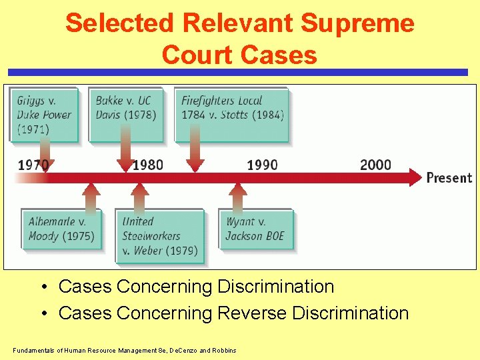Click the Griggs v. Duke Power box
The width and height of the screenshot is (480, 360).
pyautogui.click(x=44, y=114)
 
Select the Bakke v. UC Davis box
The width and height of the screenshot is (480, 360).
pyautogui.click(x=125, y=114)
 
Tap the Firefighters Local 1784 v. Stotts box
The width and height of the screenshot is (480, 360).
pyautogui.click(x=231, y=114)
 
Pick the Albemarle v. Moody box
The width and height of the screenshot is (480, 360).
pyautogui.click(x=61, y=229)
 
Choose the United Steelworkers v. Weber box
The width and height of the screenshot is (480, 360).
pyautogui.click(x=160, y=236)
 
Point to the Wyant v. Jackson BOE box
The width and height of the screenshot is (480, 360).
pyautogui.click(x=256, y=229)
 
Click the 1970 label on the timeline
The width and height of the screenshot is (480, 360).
pyautogui.click(x=33, y=165)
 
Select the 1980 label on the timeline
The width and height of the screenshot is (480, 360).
pyautogui.click(x=148, y=165)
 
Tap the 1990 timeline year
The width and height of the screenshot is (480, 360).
pyautogui.click(x=262, y=165)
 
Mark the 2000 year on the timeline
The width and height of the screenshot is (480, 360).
pyautogui.click(x=375, y=165)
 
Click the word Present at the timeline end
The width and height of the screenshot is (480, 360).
pyautogui.click(x=449, y=178)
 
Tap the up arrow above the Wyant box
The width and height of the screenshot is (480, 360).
pyautogui.click(x=237, y=195)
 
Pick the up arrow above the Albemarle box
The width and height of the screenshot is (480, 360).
pyautogui.click(x=90, y=195)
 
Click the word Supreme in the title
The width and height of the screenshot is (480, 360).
pyautogui.click(x=357, y=23)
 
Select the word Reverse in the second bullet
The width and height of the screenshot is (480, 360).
pyautogui.click(x=255, y=313)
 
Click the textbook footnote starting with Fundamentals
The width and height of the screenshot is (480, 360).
pyautogui.click(x=124, y=350)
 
